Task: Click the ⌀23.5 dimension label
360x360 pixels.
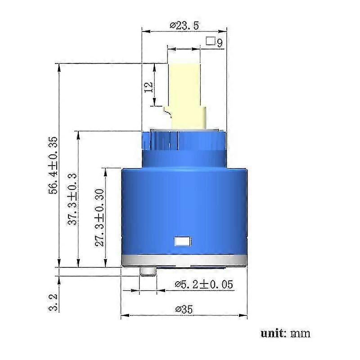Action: pyautogui.click(x=184, y=26)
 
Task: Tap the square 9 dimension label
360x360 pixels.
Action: pyautogui.click(x=215, y=43)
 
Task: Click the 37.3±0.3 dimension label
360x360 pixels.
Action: pyautogui.click(x=72, y=198)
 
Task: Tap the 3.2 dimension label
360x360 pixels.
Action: pyautogui.click(x=53, y=302)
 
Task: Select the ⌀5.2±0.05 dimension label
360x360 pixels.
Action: pyautogui.click(x=203, y=284)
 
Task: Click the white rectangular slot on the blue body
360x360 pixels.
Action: pyautogui.click(x=183, y=242)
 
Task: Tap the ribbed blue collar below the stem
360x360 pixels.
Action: pyautogui.click(x=184, y=141)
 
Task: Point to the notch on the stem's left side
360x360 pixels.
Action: pyautogui.click(x=166, y=110)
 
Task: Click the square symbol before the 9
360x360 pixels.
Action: pyautogui.click(x=210, y=41)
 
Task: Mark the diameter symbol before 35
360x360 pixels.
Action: pyautogui.click(x=178, y=309)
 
